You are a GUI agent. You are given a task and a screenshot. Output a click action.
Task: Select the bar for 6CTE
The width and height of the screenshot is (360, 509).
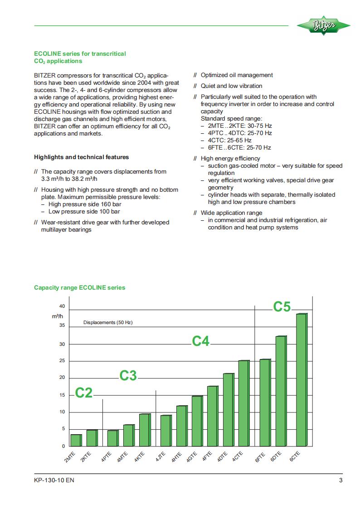click(302, 380)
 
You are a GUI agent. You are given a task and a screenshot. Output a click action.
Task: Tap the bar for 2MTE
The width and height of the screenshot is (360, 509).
click(76, 440)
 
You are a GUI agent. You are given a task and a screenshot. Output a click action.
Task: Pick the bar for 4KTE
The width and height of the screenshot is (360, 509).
click(144, 430)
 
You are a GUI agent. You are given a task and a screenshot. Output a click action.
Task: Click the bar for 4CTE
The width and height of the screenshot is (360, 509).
click(243, 403)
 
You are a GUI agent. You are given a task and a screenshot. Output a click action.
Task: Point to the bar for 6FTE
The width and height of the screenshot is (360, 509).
click(265, 402)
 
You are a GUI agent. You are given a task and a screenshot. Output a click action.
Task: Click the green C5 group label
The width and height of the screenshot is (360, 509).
click(282, 307)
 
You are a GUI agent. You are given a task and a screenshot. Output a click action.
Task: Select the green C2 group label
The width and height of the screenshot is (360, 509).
click(83, 393)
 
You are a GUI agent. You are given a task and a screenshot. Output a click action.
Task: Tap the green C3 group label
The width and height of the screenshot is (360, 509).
click(128, 375)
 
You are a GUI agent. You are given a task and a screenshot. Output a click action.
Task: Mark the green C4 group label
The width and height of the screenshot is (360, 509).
click(200, 341)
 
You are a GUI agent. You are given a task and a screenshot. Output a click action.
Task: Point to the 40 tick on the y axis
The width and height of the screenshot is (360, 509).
click(62, 306)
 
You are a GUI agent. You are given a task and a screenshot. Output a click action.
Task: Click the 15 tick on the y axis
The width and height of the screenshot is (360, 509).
click(62, 395)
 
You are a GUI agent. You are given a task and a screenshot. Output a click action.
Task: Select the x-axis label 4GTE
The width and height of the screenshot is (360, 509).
click(192, 457)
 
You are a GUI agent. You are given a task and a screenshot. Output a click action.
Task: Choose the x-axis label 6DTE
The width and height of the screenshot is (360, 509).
click(276, 457)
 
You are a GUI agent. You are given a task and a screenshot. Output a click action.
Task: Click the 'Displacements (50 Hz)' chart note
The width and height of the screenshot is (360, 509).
click(107, 323)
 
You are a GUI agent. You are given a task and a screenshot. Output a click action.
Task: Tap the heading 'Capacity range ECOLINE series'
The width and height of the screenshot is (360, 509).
click(80, 287)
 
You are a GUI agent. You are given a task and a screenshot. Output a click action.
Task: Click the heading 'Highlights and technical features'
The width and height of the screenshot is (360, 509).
click(82, 157)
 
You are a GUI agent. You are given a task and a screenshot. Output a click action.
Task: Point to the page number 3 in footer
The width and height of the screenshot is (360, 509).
click(341, 481)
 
